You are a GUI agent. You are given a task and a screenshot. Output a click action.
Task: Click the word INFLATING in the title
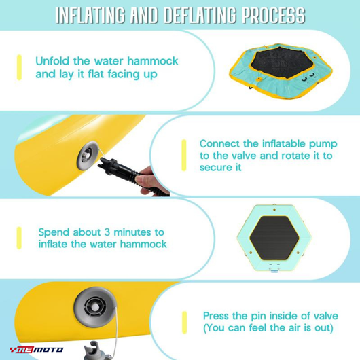[90, 16]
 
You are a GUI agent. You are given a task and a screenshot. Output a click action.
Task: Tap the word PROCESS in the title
[274, 16]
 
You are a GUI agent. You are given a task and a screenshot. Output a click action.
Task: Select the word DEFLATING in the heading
[200, 16]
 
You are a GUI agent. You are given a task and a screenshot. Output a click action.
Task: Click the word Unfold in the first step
[52, 61]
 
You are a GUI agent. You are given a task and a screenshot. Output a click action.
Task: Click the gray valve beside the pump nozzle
[87, 156]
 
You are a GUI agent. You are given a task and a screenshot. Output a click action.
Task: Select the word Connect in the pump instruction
[220, 144]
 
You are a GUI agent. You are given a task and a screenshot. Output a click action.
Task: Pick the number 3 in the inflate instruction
[107, 232]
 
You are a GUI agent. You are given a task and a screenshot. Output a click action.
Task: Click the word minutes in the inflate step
[132, 232]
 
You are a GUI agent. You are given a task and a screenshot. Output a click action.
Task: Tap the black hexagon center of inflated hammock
[274, 238]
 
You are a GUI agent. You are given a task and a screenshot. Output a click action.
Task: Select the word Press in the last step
[216, 316]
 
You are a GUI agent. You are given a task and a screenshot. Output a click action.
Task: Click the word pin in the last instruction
[258, 317]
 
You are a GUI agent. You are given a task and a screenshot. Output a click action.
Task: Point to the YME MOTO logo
[36, 350]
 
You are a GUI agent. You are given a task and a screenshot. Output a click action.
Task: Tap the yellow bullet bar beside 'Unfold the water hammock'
[19, 67]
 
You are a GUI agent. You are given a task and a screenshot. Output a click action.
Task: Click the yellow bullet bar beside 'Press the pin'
[184, 323]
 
